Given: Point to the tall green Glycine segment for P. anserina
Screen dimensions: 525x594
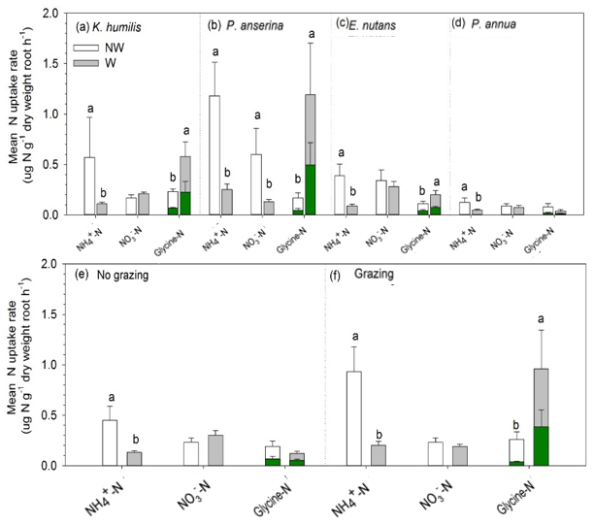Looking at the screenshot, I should (x=311, y=190).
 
